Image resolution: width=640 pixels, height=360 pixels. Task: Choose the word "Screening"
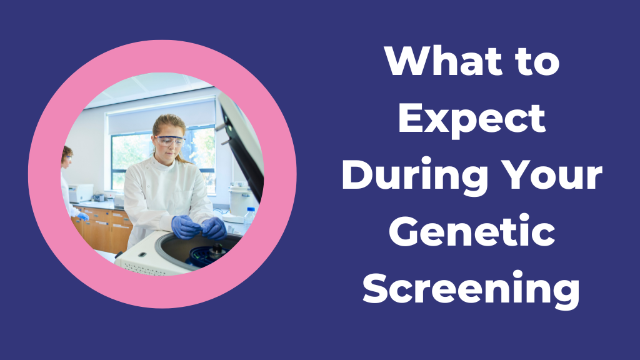(x=471, y=290)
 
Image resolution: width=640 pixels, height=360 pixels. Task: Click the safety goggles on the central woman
(x=170, y=141)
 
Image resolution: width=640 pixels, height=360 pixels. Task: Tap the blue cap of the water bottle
(x=251, y=209)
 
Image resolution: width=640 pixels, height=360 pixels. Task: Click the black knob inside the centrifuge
(x=217, y=249)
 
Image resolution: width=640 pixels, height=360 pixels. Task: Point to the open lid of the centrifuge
(x=241, y=143)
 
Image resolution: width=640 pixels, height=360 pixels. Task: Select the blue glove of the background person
(x=83, y=216)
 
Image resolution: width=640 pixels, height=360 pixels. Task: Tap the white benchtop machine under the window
(x=81, y=192)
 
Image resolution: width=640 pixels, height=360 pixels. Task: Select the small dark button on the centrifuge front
(x=142, y=254)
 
